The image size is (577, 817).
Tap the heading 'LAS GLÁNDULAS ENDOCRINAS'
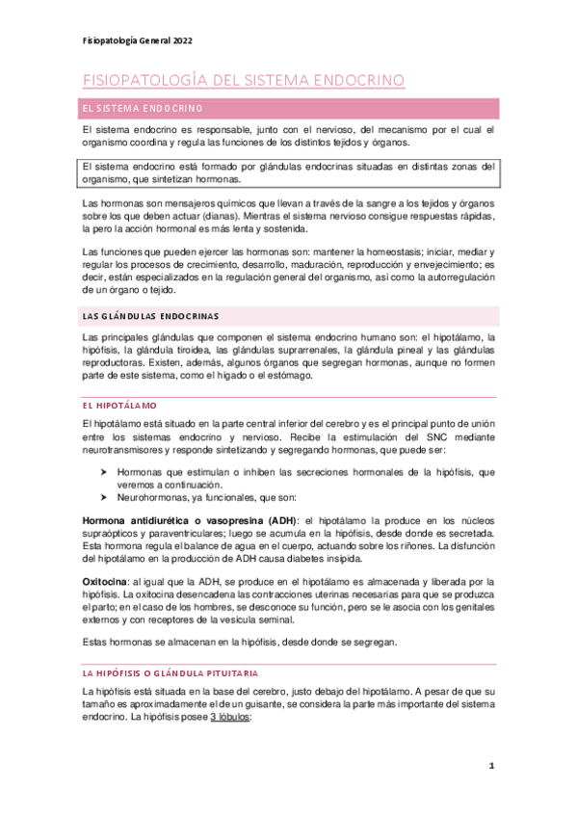click(149, 315)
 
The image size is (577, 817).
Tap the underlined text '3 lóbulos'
click(223, 718)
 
